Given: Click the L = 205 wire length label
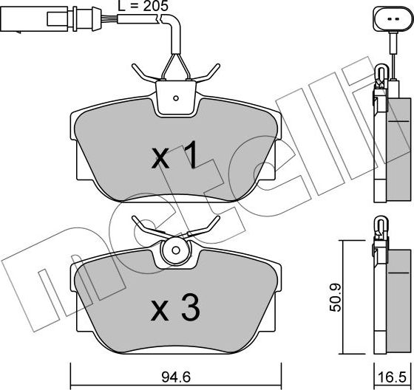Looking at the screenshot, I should point(144,7).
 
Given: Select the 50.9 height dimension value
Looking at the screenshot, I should point(334,298).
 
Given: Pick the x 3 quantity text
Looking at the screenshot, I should point(175,309).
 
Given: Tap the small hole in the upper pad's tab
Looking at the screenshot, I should point(175,97).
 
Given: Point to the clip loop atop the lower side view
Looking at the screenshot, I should point(380,224).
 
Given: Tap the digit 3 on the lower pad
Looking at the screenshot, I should point(190,309).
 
